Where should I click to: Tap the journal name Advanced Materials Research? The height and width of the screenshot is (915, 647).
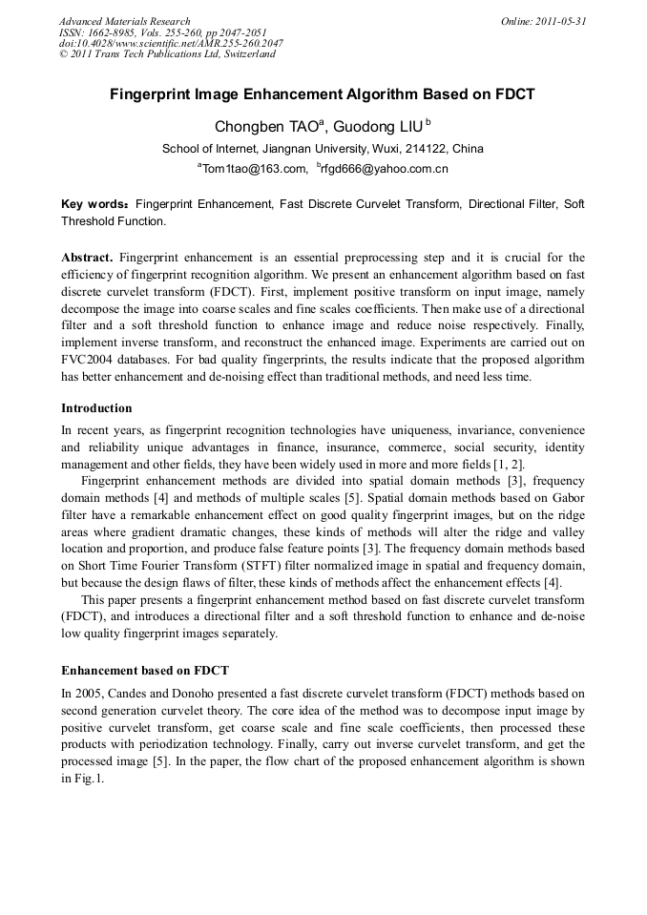125,21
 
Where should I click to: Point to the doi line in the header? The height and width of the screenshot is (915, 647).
171,43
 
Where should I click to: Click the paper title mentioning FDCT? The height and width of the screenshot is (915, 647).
323,94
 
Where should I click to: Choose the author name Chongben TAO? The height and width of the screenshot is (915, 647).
269,126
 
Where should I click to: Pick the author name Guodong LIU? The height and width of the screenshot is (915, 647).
378,126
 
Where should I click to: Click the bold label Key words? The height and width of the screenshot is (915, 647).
94,204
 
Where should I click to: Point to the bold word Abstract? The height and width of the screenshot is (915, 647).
87,259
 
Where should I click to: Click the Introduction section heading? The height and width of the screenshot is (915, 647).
96,408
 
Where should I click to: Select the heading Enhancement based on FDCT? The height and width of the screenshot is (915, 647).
144,670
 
